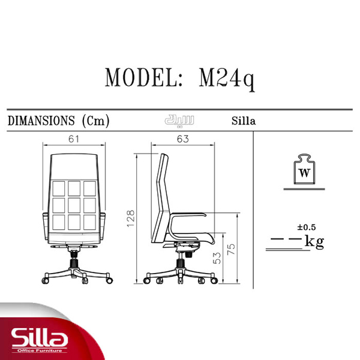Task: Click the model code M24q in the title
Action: pyautogui.click(x=227, y=78)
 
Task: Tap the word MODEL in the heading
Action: pyautogui.click(x=142, y=77)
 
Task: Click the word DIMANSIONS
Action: pyautogui.click(x=41, y=121)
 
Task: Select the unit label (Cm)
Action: pyautogui.click(x=96, y=121)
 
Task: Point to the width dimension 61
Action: pyautogui.click(x=73, y=139)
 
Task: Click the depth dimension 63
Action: pyautogui.click(x=183, y=139)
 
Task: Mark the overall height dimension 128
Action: pyautogui.click(x=131, y=218)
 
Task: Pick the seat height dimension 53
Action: pyautogui.click(x=217, y=258)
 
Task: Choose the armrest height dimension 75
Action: pyautogui.click(x=231, y=249)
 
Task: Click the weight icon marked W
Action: pyautogui.click(x=304, y=169)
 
